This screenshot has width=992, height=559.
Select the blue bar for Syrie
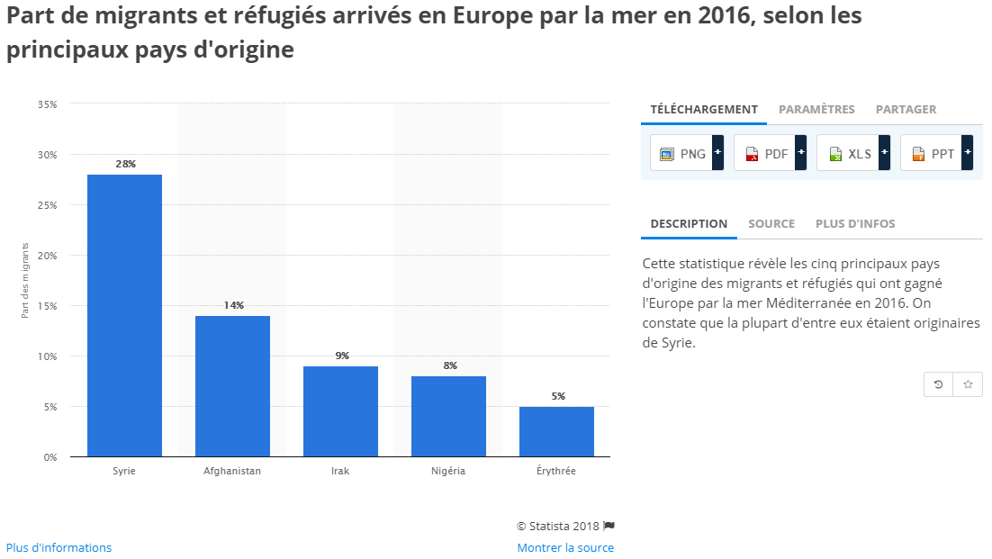[124, 315]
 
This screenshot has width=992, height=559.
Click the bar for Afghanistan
[232, 386]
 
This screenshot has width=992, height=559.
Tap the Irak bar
[340, 411]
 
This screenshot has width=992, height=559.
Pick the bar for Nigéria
[448, 416]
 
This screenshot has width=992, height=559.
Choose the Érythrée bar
[556, 431]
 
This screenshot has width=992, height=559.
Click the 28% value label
[125, 164]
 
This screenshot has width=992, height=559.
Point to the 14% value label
[233, 305]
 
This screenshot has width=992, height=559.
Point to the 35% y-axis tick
[48, 104]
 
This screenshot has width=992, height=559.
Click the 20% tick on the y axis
[48, 256]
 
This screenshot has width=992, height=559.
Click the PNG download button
[687, 154]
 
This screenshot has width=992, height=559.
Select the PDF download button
[770, 154]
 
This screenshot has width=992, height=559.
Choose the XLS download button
[852, 154]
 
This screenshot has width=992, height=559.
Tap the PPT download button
[936, 154]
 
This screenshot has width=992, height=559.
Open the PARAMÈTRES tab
[816, 110]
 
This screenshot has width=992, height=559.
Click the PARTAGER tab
[906, 110]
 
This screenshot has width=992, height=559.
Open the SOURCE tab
[771, 224]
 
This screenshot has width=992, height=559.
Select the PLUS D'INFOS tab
[855, 224]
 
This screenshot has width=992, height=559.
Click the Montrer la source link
[565, 547]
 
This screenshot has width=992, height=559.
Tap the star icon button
[968, 384]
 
